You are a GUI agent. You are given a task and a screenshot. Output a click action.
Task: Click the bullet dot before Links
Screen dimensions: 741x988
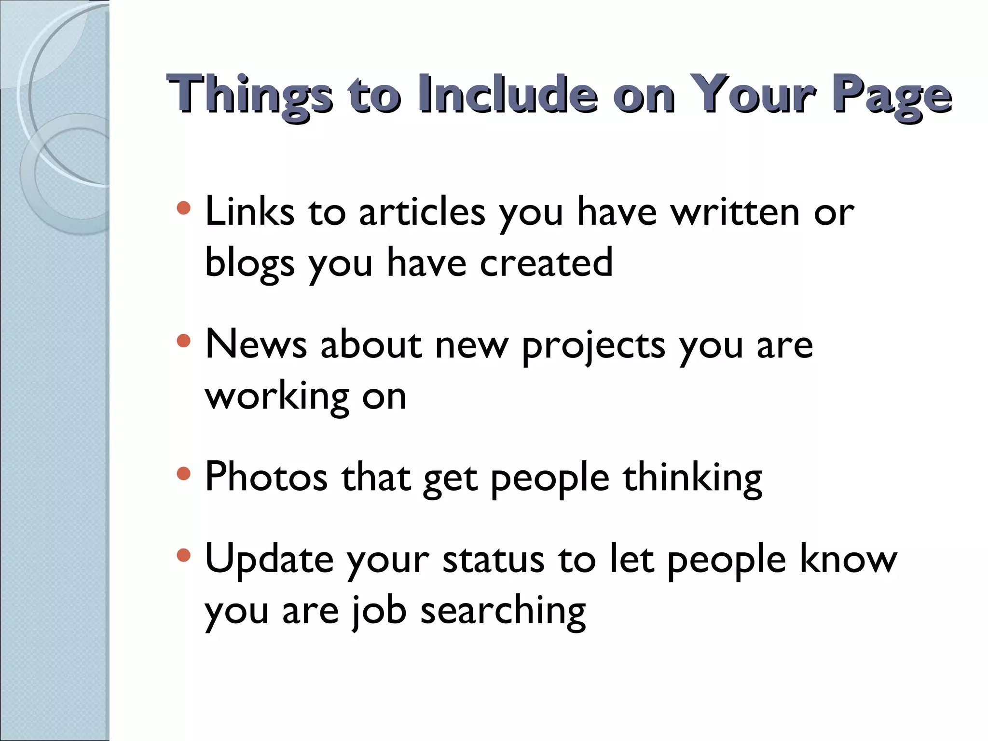[184, 208]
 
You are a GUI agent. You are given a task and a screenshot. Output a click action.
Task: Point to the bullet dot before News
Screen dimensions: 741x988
[184, 341]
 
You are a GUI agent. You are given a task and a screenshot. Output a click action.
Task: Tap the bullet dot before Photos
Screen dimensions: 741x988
[184, 473]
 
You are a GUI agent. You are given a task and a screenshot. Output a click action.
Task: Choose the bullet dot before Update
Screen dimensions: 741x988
[184, 556]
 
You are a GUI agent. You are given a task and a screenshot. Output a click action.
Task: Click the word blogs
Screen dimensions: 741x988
[249, 263]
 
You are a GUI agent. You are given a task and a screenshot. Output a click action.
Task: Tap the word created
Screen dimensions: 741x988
[546, 262]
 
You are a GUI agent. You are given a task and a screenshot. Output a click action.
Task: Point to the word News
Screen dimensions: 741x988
[256, 344]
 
